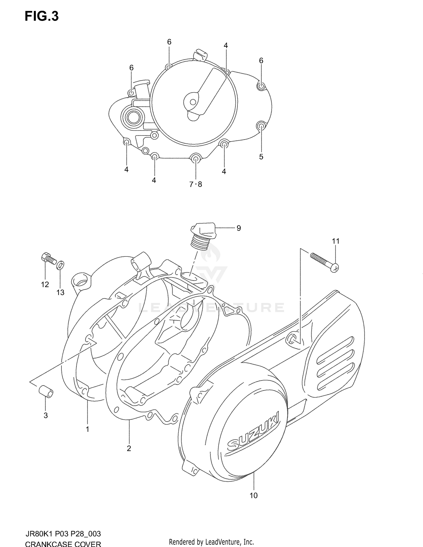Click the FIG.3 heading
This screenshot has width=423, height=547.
(42, 16)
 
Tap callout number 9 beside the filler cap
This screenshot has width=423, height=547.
(239, 228)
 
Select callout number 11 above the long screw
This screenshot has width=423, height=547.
(336, 241)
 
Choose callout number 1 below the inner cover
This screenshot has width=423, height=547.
(87, 429)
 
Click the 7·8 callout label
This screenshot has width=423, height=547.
(196, 185)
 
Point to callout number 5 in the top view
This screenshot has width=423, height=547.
(261, 157)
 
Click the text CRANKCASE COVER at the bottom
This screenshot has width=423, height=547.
(63, 544)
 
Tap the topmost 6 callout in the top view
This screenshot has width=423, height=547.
(169, 42)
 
